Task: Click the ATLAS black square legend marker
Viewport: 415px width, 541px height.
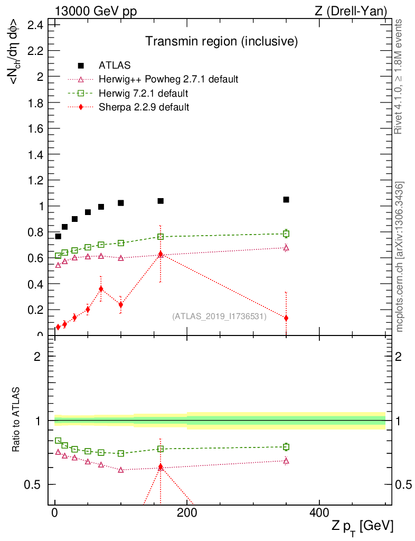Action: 81,66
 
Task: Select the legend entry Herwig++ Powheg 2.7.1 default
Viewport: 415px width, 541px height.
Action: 168,79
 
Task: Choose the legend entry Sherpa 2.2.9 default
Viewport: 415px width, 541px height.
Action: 144,107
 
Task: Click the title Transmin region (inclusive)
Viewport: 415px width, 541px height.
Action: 222,41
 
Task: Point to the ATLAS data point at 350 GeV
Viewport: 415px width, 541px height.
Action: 286,200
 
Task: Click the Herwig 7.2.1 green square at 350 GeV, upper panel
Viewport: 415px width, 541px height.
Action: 286,234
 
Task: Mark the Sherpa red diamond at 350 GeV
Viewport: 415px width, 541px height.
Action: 286,318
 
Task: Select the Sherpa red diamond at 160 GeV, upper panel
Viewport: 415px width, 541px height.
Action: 161,255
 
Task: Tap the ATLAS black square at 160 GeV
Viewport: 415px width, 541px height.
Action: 161,201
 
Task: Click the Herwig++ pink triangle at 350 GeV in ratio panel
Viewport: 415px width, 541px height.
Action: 286,461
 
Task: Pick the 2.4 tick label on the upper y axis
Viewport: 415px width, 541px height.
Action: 36,25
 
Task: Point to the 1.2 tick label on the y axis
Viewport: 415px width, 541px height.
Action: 36,180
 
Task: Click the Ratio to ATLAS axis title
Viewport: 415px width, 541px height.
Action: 17,421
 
